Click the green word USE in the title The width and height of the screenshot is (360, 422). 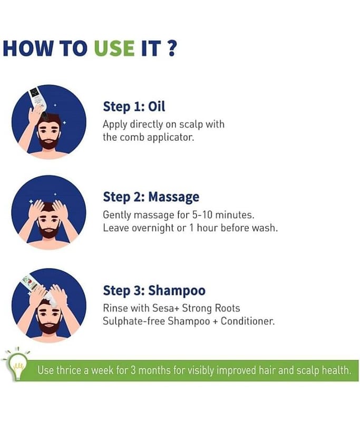click(x=114, y=49)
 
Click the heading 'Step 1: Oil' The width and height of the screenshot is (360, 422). click(x=134, y=107)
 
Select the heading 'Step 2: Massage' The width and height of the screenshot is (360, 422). click(x=151, y=197)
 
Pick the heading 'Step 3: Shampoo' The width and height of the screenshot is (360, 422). click(x=154, y=291)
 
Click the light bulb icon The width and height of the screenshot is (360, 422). click(x=17, y=365)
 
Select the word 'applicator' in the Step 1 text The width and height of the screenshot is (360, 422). click(x=170, y=138)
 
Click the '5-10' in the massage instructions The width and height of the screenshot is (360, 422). click(x=202, y=215)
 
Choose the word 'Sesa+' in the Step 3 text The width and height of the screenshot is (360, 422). click(x=166, y=308)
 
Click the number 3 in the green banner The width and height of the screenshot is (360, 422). click(x=133, y=371)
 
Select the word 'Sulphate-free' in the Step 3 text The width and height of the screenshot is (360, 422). click(x=134, y=321)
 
